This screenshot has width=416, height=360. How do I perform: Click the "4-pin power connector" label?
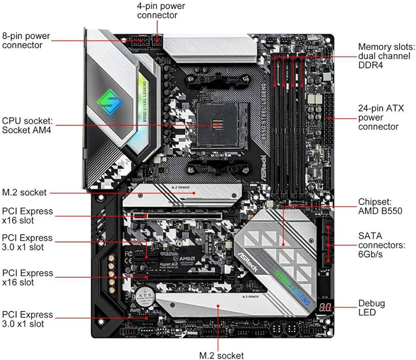point(161,10)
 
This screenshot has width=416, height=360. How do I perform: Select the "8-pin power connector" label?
point(26,40)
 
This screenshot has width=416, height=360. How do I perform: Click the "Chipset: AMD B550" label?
point(380,206)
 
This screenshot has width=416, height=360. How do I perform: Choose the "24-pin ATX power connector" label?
point(378,117)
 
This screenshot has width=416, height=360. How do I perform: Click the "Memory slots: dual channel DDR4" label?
point(384,56)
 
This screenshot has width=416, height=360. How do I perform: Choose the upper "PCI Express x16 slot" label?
point(27,216)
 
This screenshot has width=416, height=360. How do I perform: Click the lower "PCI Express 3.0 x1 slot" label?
point(27,319)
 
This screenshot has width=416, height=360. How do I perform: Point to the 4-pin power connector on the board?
point(157,40)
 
